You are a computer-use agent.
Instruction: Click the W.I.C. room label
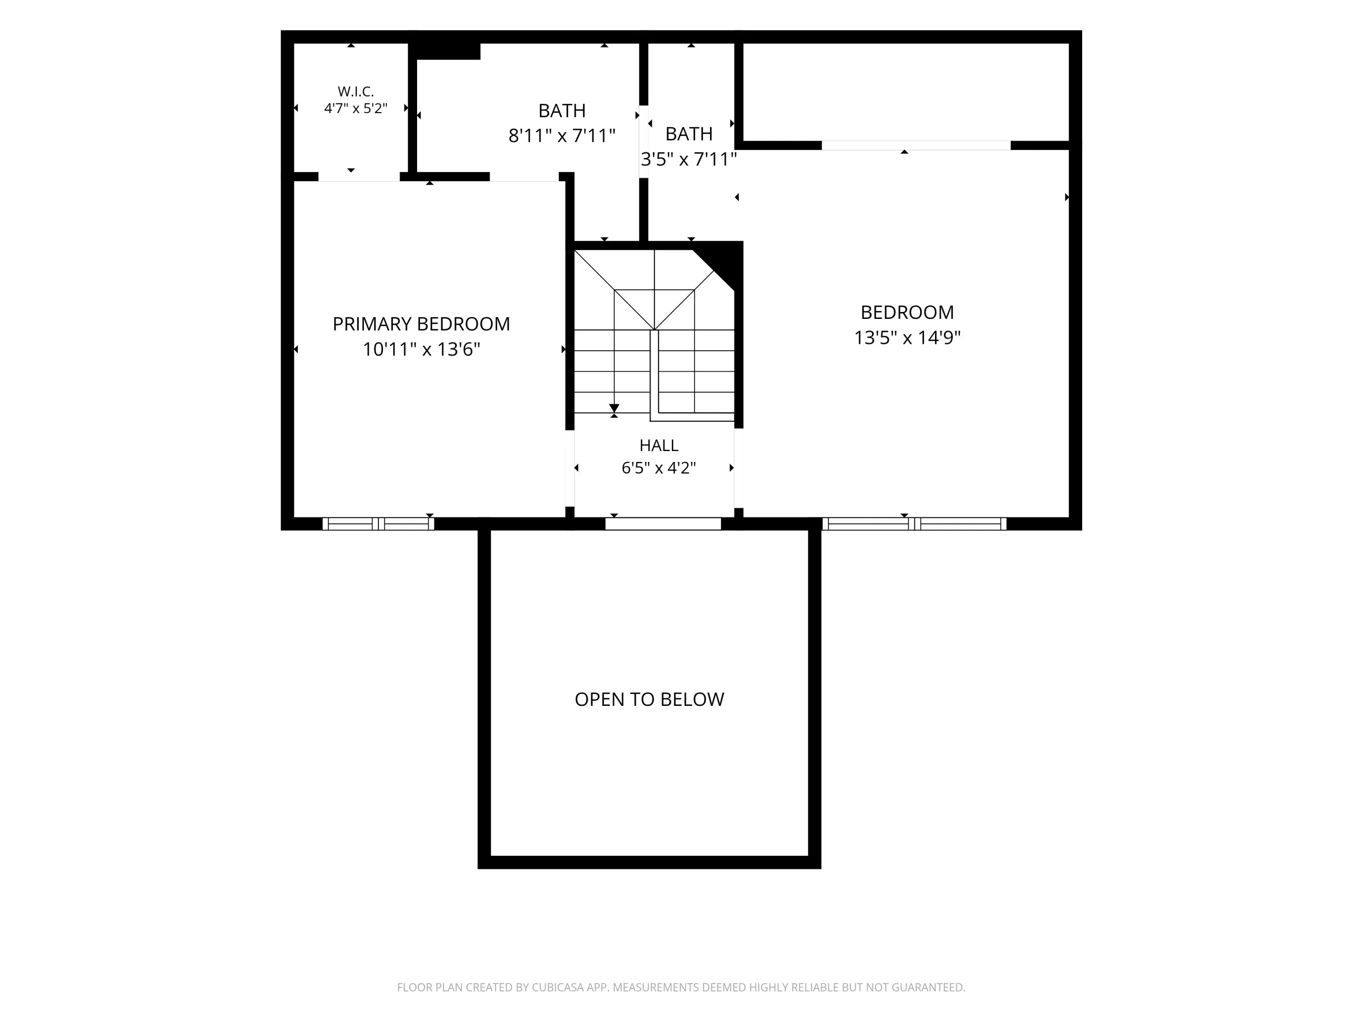(x=356, y=92)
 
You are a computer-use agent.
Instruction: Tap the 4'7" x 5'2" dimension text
(x=356, y=109)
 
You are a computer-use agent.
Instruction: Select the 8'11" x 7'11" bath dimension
(x=562, y=135)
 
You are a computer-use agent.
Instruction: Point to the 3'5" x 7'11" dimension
(x=689, y=159)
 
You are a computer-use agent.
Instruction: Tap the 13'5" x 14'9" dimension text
(x=907, y=337)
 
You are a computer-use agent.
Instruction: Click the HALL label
(x=659, y=446)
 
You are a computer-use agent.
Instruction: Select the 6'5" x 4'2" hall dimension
(x=659, y=468)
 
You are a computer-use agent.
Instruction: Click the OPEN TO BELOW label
(x=649, y=699)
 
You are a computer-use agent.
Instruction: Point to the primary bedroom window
(x=378, y=524)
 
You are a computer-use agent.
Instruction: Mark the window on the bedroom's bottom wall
(x=915, y=524)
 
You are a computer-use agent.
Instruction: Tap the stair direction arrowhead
(x=614, y=408)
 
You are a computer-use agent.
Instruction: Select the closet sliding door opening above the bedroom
(x=916, y=145)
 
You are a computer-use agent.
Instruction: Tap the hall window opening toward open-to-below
(x=663, y=524)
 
